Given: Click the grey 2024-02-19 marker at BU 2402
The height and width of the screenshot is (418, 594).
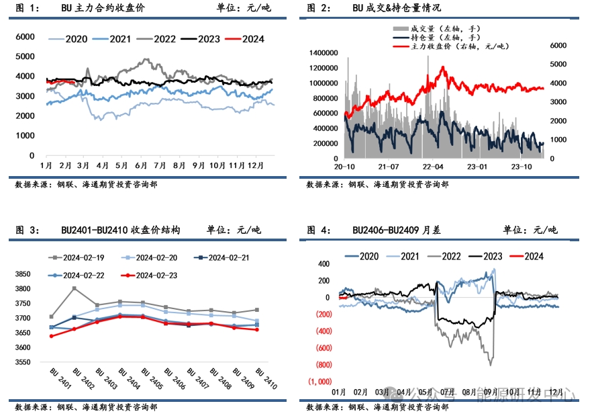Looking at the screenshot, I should pos(74,288).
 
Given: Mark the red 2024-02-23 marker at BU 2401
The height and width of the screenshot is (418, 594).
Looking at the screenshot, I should pos(52,336).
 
